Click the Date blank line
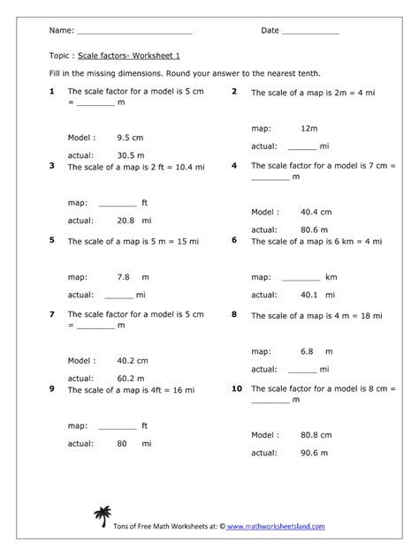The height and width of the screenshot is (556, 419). tap(309, 32)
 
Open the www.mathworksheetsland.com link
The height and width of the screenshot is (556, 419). tap(276, 527)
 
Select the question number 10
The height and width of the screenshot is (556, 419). tap(237, 387)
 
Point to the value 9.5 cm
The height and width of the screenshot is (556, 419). tap(130, 138)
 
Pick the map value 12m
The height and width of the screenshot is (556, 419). tap(309, 128)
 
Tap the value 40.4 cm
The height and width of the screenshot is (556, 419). tap(316, 212)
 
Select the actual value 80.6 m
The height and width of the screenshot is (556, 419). tap(314, 229)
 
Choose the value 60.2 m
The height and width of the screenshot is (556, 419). tap(132, 377)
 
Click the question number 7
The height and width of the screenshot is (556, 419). tap(53, 313)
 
